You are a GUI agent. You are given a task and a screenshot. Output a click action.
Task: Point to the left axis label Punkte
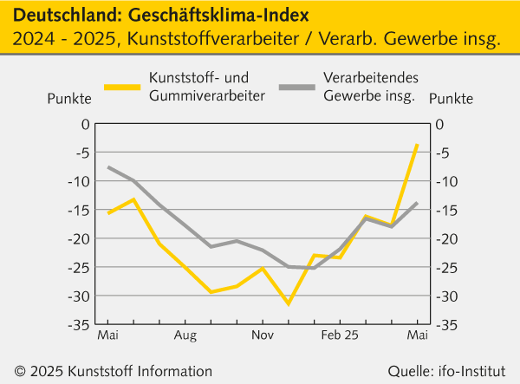68,98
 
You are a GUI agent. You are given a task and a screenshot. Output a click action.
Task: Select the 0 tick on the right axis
439,124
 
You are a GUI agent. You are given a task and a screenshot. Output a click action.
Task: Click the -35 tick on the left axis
80,324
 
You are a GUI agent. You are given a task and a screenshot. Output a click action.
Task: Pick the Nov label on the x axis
263,334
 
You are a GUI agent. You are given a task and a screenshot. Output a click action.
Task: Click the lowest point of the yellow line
289,304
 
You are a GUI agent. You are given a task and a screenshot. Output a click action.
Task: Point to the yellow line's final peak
417,145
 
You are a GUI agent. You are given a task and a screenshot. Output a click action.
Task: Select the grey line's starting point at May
108,166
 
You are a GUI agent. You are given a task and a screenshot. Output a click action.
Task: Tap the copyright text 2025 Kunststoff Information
120,371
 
